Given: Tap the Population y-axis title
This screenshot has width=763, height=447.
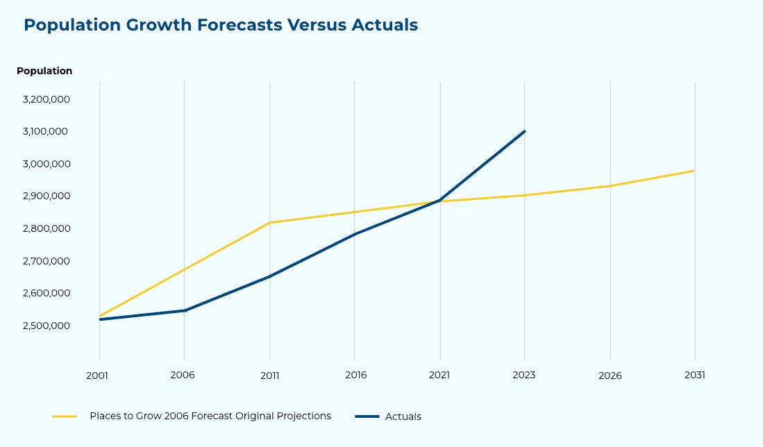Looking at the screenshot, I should pos(44,71).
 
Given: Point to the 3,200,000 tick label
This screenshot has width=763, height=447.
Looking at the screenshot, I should pos(46,99).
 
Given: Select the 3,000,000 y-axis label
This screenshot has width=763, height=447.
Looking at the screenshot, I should pos(46,164).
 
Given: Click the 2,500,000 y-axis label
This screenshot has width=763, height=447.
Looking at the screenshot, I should pos(46,326).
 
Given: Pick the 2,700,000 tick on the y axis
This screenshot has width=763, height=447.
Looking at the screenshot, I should pos(46,261).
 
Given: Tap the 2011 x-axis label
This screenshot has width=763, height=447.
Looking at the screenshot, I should pos(269,375).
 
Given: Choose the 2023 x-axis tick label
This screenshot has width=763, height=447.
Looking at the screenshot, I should pos(524,375).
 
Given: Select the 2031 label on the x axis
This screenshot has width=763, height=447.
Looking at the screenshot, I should pos(694,375).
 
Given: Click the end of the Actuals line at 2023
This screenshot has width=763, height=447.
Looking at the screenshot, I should pos(524,131).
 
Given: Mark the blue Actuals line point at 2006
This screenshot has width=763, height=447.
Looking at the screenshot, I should pos(184,310).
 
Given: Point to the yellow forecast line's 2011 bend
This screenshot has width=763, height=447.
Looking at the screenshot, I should pos(269,223).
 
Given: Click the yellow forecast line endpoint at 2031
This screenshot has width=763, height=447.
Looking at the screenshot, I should pos(694,171).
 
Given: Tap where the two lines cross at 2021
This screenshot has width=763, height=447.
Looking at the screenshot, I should pos(439,201).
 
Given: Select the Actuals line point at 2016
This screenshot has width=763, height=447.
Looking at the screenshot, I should pos(355,234).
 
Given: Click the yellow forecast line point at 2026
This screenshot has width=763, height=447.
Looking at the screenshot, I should pos(610,186).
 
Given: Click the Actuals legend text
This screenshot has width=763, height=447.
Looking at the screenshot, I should pos(403,416).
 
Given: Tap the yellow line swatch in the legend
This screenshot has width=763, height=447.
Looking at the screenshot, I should pos(65,416).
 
